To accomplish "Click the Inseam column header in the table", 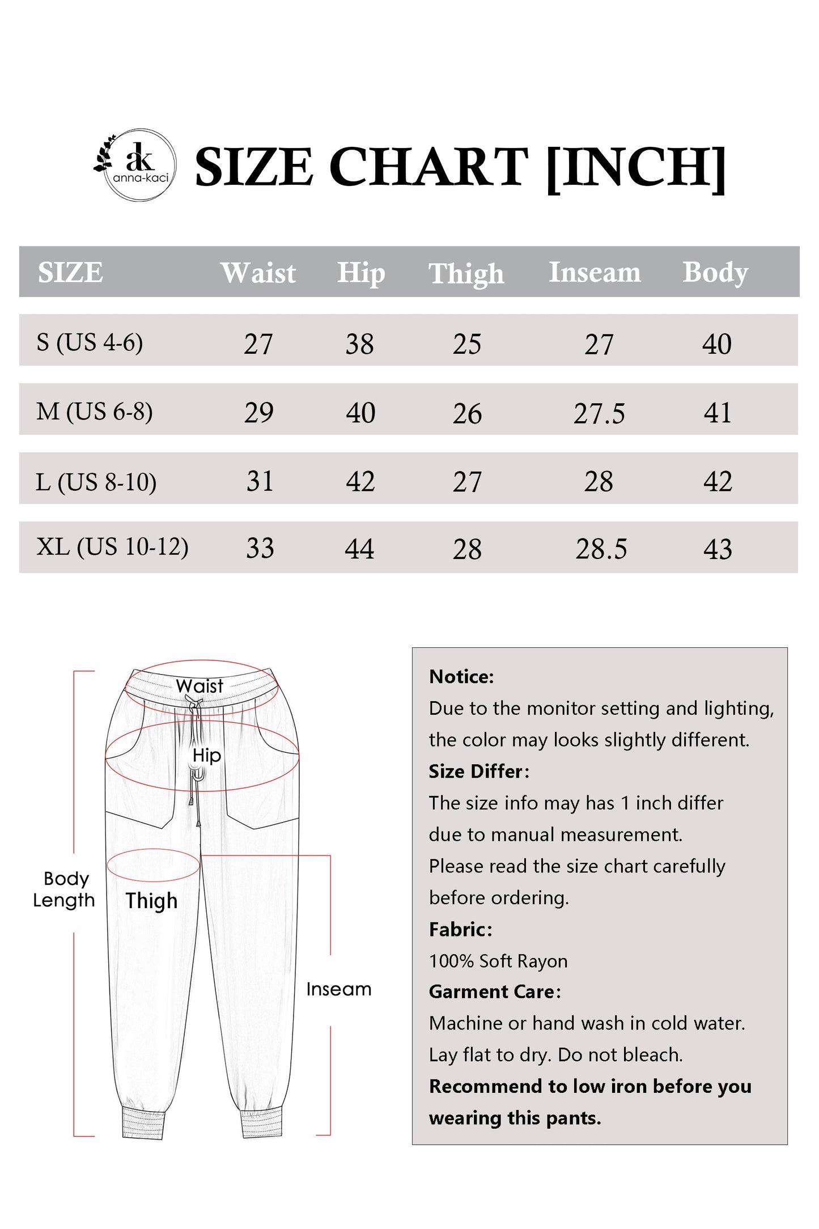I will click(595, 272).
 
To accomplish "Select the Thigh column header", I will click(466, 273).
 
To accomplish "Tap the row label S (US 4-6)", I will click(90, 342).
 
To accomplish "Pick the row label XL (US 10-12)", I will click(112, 547).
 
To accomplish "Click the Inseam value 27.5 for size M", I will click(599, 413).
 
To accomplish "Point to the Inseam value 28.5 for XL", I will click(601, 549).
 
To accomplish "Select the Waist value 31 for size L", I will click(260, 481).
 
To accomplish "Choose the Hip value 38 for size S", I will click(359, 344).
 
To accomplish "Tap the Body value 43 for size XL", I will click(718, 549).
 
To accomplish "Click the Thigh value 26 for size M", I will click(467, 413).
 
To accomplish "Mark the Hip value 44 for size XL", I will click(359, 549).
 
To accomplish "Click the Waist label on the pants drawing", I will click(200, 686).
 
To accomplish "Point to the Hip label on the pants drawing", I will click(206, 755).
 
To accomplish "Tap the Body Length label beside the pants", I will click(64, 889).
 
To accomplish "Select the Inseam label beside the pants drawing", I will click(339, 989).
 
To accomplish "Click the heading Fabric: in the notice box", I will click(460, 929).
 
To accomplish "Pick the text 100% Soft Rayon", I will click(498, 961).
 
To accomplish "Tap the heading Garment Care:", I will click(494, 991).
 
